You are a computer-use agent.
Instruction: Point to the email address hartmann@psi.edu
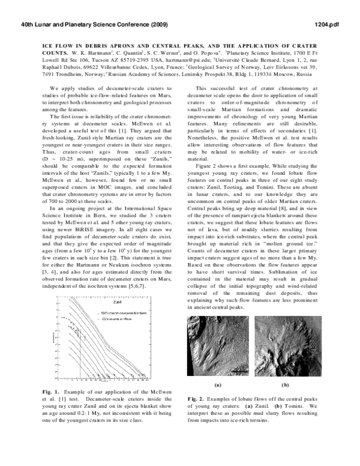pyautogui.click(x=185, y=61)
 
